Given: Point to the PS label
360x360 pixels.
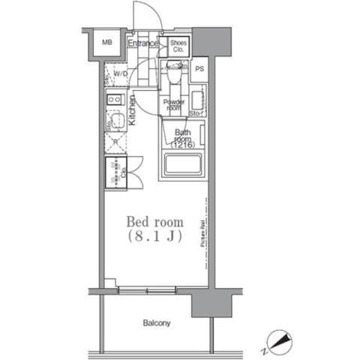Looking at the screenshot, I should pos(199,69).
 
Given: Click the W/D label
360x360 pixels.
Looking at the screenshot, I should pos(120,73).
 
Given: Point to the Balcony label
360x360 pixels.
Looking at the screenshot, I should pos(157,324).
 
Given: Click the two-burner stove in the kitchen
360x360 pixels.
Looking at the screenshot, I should pos(114,99).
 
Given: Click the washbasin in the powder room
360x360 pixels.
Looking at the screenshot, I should pos(198,100).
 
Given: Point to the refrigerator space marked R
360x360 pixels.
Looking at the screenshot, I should pos(115,142).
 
